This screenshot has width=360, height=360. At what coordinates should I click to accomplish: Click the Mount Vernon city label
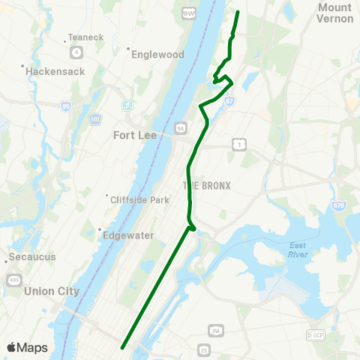pos(334,12)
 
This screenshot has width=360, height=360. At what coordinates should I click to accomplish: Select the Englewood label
pos(157,55)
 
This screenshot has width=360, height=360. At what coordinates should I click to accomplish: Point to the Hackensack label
pos(55,71)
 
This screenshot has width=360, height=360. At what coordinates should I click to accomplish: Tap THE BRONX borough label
pos(206,185)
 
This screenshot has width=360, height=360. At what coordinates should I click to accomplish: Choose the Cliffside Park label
pos(139,199)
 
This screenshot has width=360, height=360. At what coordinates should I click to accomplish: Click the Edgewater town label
pos(127,235)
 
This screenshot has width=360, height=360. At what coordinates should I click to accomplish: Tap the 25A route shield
pos(217,330)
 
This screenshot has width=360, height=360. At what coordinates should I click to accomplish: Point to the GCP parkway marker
pos(314,334)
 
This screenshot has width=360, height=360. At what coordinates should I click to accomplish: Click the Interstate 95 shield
pos(67,106)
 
